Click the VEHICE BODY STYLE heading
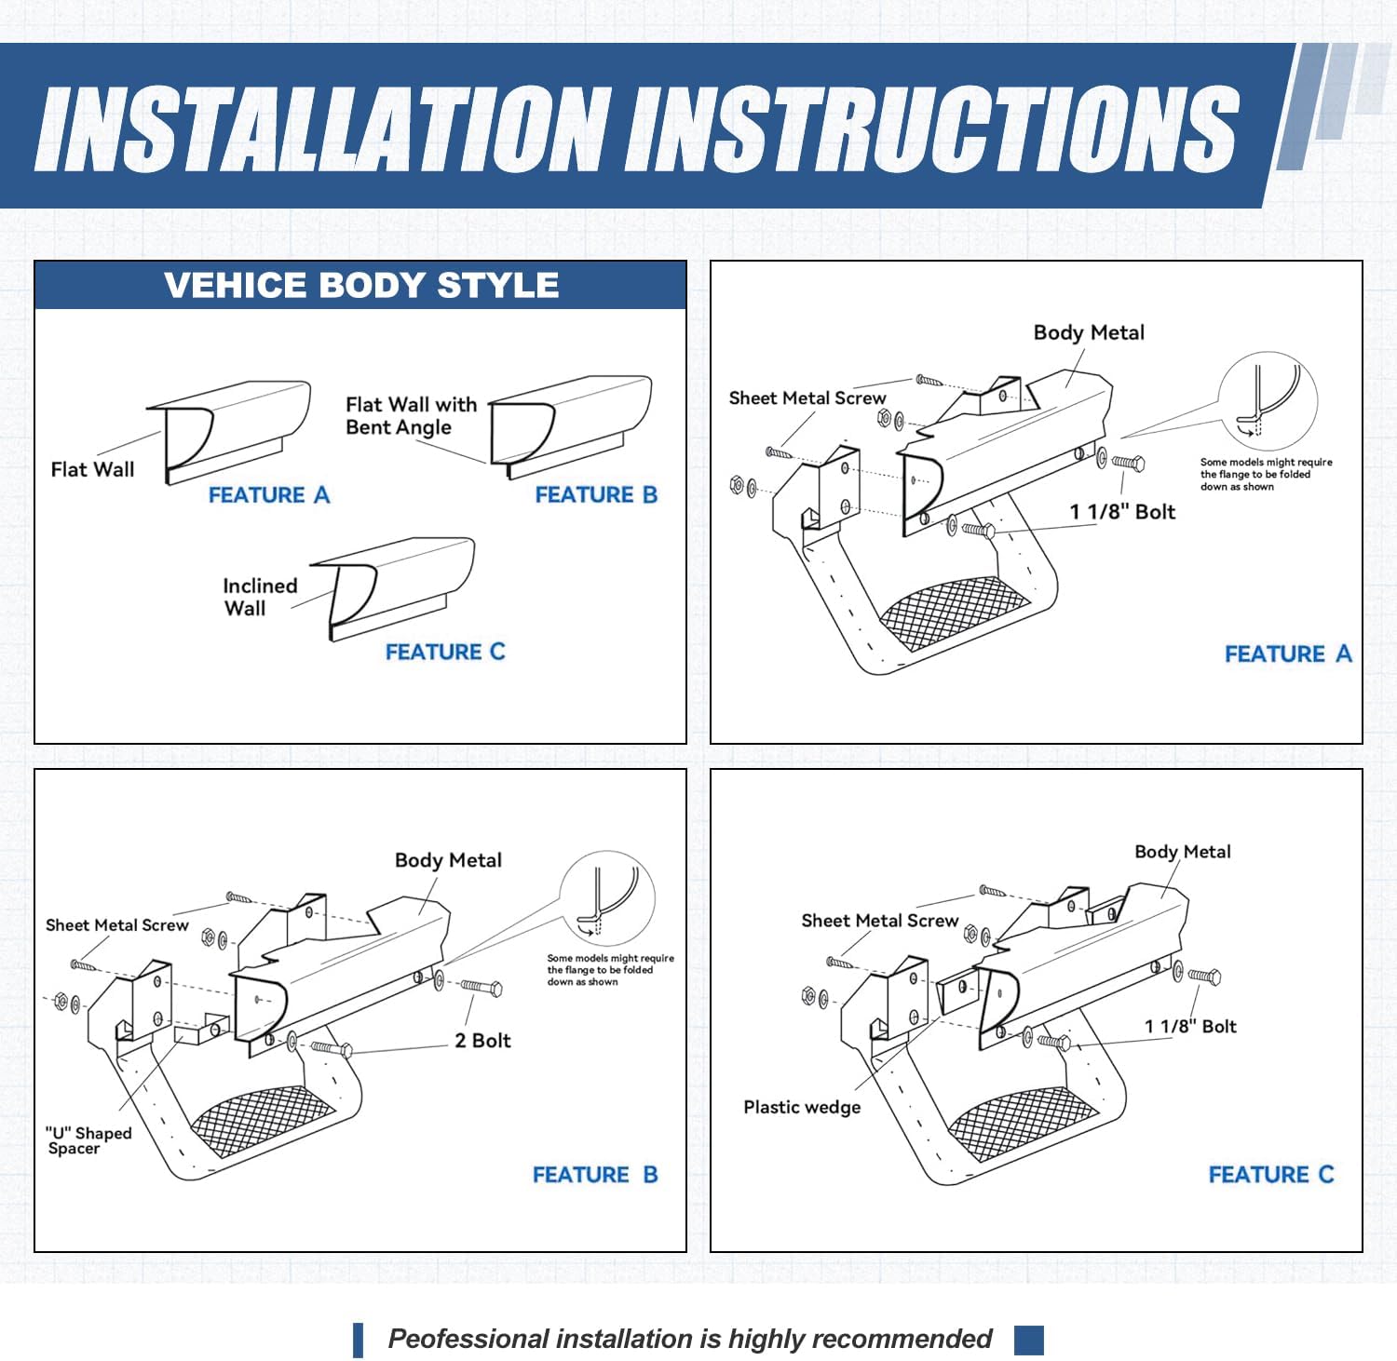tap(361, 285)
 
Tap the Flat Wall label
tap(92, 469)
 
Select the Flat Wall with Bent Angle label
tap(410, 416)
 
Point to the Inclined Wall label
tap(259, 597)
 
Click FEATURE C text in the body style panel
tap(445, 652)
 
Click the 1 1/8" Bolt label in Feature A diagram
tap(1122, 512)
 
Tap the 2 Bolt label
tap(482, 1041)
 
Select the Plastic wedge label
tap(802, 1108)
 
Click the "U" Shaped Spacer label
tap(88, 1140)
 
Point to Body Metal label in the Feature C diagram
tap(1182, 852)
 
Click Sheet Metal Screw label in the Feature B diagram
tap(116, 925)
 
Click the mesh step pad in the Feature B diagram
tap(264, 1120)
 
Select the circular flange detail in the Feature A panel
tap(1268, 400)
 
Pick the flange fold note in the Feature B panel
tap(610, 970)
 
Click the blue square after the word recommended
tap(1028, 1340)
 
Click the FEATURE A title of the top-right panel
tap(1287, 654)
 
